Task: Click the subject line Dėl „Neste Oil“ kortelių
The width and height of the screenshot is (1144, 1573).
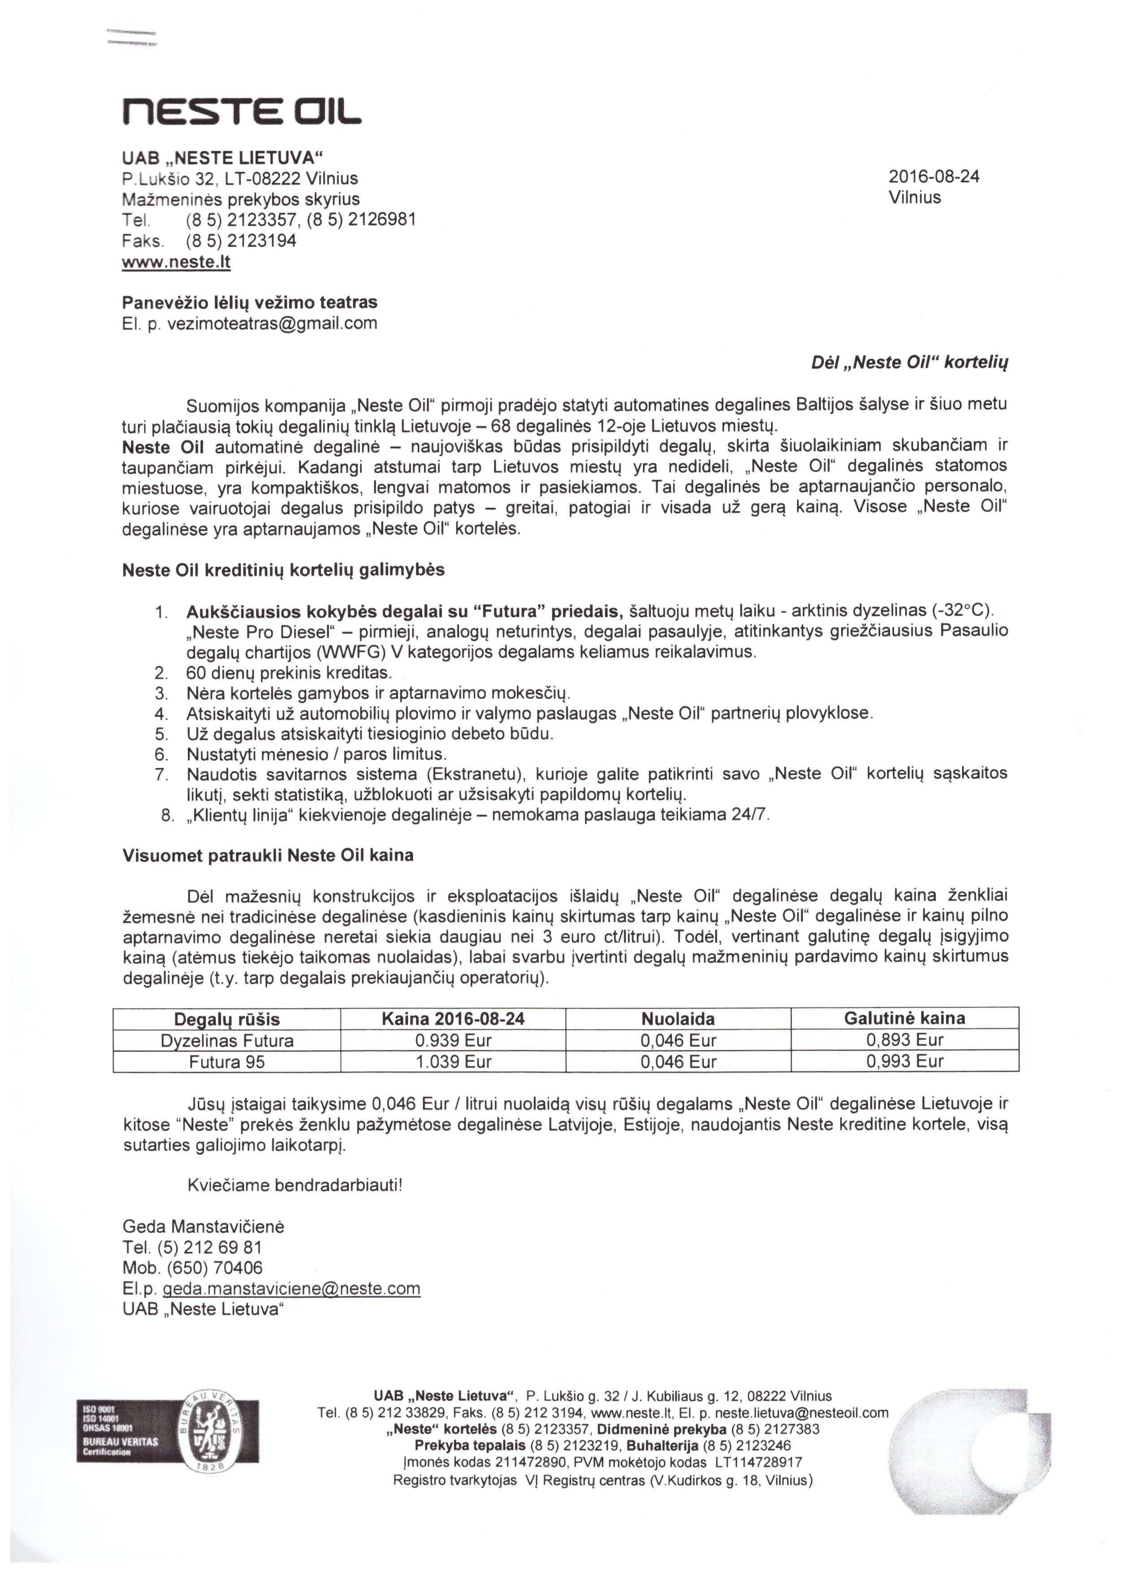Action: click(x=909, y=363)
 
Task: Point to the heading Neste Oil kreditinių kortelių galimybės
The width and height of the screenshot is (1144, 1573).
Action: click(x=283, y=570)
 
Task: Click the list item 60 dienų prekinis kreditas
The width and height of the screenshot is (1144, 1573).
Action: click(x=289, y=673)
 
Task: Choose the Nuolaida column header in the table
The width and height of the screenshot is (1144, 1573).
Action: click(x=678, y=1019)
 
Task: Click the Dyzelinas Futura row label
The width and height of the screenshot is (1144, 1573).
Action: click(x=227, y=1040)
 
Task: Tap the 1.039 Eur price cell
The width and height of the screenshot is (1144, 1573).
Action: click(x=453, y=1061)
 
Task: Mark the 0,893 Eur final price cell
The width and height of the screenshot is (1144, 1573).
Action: click(x=905, y=1040)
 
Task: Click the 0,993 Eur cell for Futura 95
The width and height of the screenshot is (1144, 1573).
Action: click(x=905, y=1061)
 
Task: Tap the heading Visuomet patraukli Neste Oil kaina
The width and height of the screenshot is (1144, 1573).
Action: click(x=268, y=855)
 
